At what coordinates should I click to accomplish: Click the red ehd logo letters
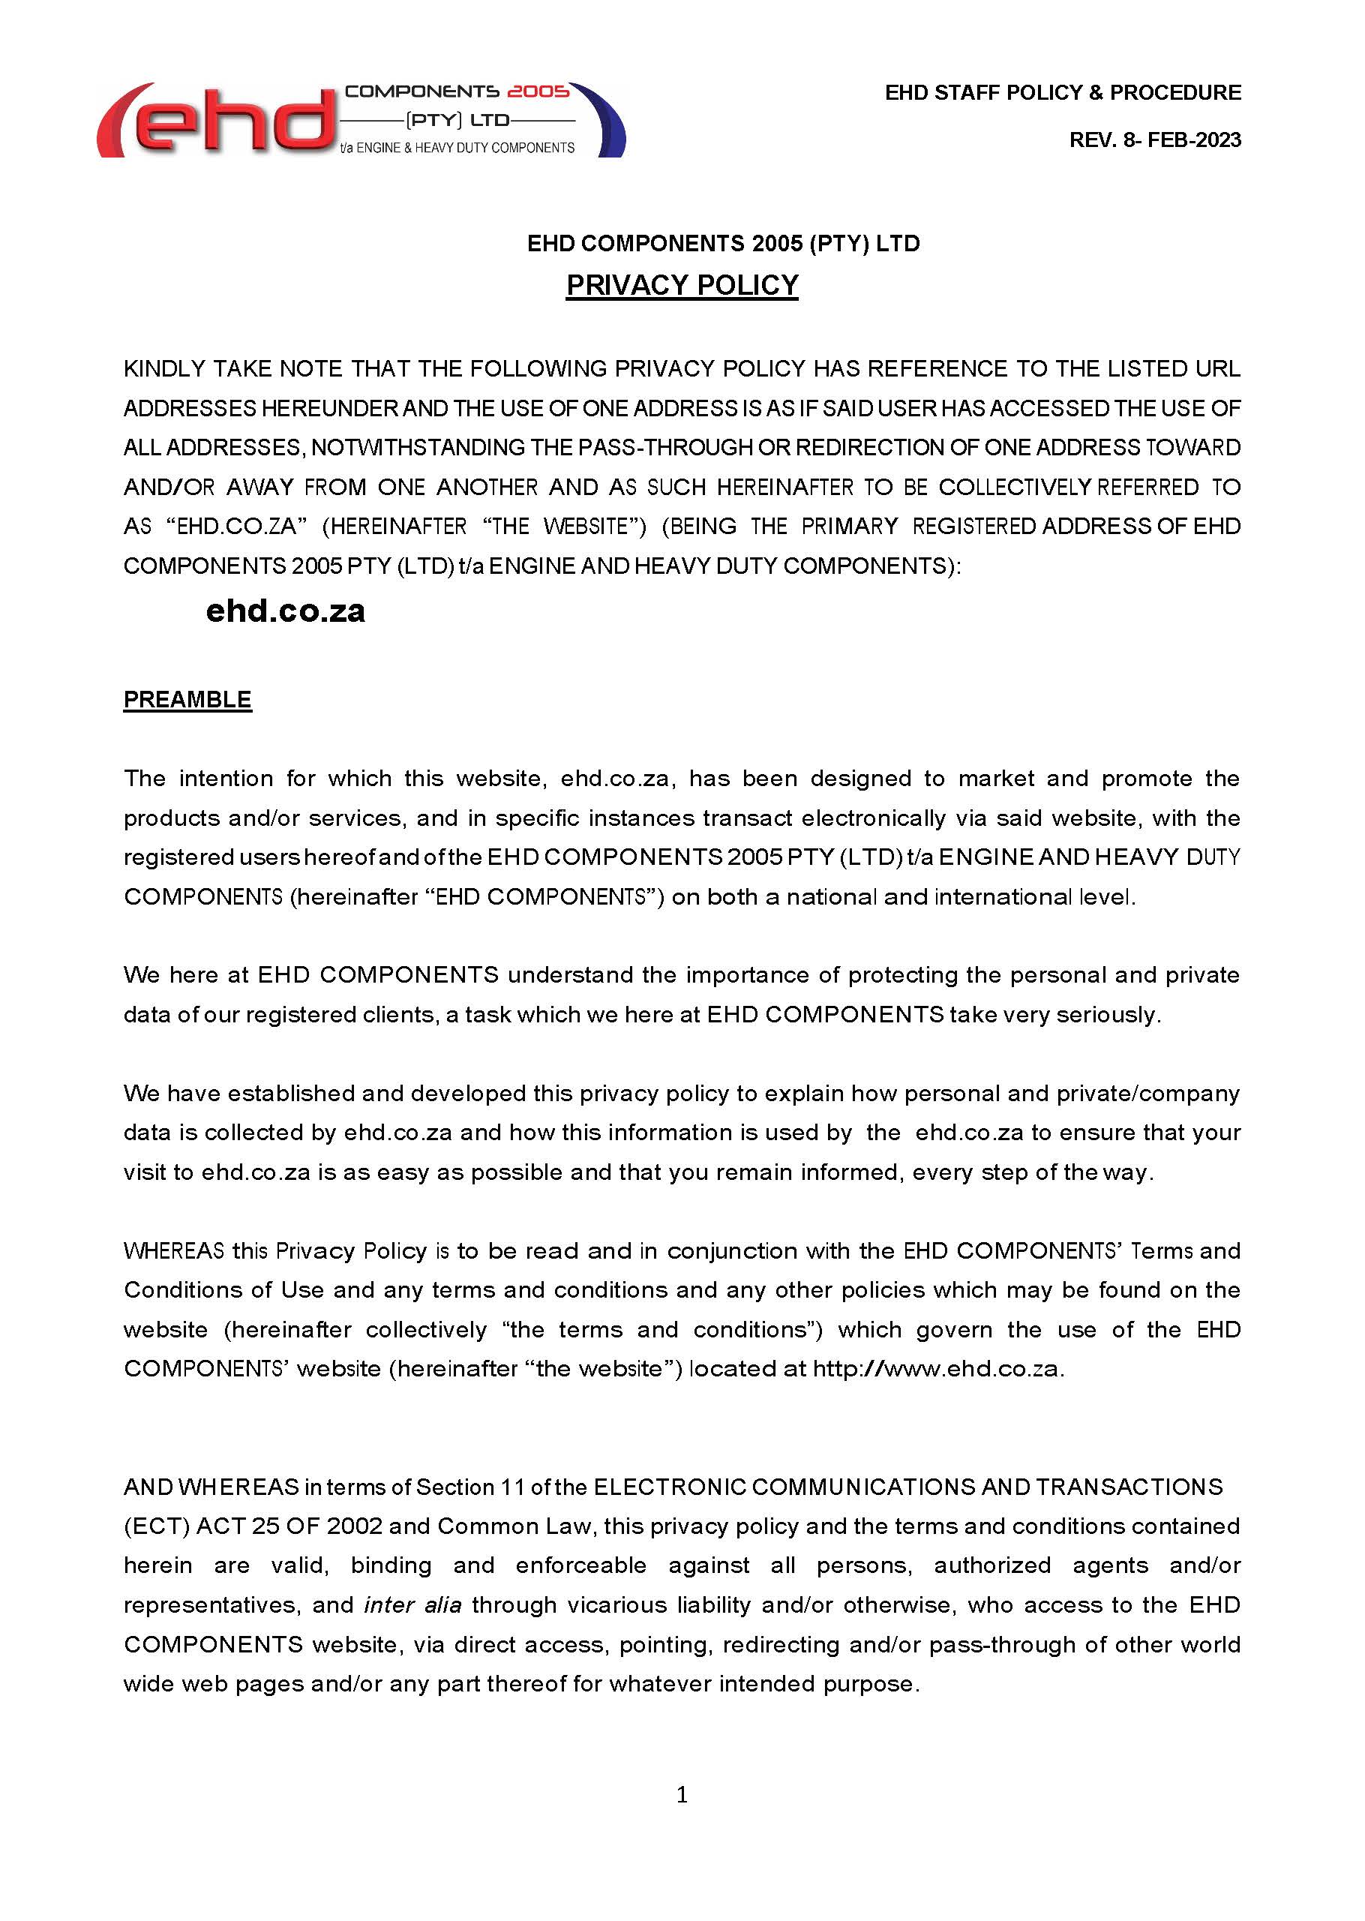coord(218,122)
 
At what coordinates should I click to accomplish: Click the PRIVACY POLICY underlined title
coord(682,285)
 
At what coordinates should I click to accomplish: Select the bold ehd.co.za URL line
coord(286,611)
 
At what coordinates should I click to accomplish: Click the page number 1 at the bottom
coord(682,1795)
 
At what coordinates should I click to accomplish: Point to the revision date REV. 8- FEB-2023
coord(1154,140)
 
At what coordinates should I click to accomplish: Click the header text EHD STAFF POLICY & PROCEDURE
coord(1063,92)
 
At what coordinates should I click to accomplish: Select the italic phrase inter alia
coord(412,1605)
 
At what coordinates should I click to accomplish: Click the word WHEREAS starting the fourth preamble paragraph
coord(173,1251)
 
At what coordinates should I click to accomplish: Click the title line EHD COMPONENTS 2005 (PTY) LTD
coord(723,244)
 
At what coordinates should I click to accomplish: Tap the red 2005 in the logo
coord(538,91)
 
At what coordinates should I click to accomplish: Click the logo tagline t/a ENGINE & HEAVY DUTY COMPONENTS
coord(457,148)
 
